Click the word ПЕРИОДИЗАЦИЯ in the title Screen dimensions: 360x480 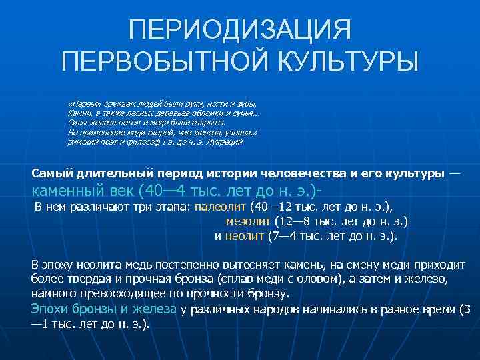pos(239,30)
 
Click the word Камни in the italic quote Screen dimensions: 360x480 pos(78,113)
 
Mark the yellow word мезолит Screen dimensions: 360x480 pos(248,221)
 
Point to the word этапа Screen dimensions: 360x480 pos(173,207)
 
